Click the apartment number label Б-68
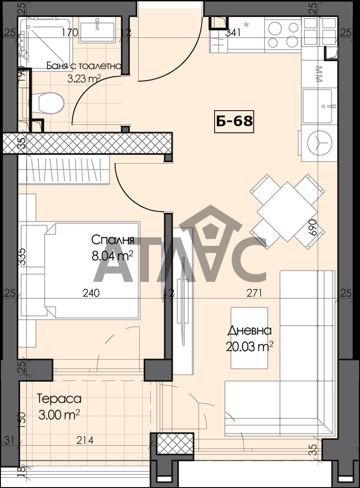point(235,121)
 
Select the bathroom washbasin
point(98,29)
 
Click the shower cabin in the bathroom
point(45,41)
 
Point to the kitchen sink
point(317,106)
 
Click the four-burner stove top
point(282,34)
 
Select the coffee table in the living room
point(249,338)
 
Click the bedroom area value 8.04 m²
point(112,255)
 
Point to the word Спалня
point(112,240)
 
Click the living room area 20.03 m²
point(250,347)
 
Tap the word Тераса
point(59,398)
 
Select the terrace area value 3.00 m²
point(59,415)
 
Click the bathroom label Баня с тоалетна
point(84,66)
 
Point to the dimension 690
point(312,228)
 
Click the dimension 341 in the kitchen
point(233,32)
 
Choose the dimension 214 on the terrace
point(85,441)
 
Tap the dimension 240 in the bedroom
point(91,293)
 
